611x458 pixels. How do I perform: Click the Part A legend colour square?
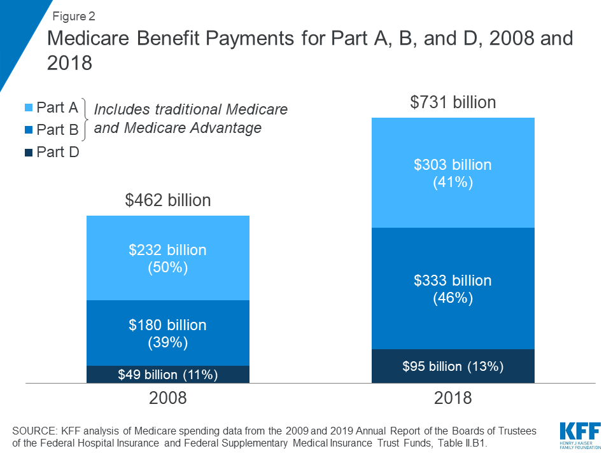pos(29,108)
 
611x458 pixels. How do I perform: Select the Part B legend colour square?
pos(29,130)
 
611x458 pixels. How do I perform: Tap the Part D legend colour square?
pos(29,153)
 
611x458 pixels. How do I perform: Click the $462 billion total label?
pos(167,200)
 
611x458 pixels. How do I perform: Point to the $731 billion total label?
pos(453,102)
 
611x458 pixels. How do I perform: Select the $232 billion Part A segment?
pos(167,258)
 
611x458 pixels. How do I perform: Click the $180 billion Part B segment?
pos(167,333)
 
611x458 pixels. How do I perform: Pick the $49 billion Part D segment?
pos(167,375)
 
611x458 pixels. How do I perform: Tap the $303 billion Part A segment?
pos(453,173)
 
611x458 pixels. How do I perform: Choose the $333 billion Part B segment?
pos(453,288)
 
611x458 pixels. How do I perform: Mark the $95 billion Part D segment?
pos(453,366)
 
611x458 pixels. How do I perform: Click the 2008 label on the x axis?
pos(167,398)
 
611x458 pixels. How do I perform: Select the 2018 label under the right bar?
pos(453,398)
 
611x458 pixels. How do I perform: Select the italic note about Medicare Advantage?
pos(190,118)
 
